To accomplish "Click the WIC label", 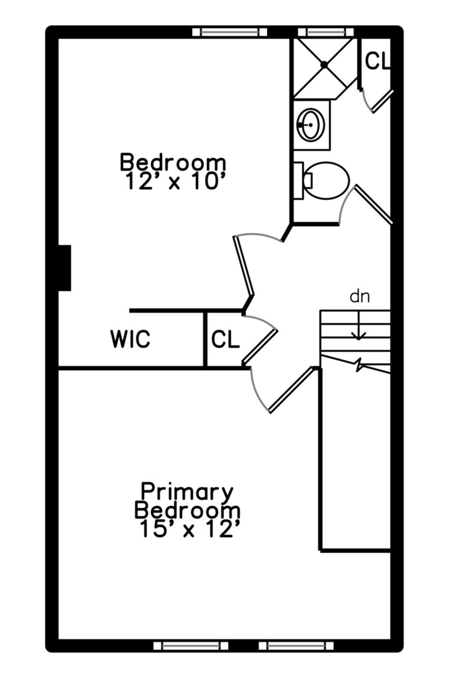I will [130, 339].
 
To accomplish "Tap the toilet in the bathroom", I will [326, 180].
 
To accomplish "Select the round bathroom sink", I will [311, 125].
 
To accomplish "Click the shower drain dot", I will [324, 64].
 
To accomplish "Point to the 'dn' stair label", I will [359, 297].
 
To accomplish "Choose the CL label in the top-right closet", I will [377, 61].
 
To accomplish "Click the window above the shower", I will [326, 32].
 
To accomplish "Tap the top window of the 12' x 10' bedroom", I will [230, 32].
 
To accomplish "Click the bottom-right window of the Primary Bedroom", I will [296, 646].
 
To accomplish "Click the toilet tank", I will [298, 180].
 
